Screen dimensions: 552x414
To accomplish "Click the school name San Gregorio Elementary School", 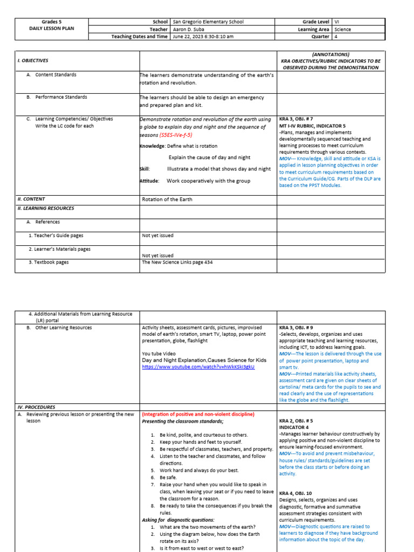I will click(x=208, y=22).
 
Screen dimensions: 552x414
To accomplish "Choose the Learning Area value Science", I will click(x=342, y=30).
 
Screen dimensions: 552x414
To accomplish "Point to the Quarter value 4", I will click(x=336, y=37).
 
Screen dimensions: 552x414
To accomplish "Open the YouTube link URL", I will click(x=198, y=367).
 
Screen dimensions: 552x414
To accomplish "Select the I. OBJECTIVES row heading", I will click(x=33, y=61).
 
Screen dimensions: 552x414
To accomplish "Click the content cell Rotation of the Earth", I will click(x=167, y=199).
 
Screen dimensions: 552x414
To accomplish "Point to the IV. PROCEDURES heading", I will click(x=36, y=407).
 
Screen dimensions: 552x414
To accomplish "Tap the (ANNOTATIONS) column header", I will click(x=330, y=54).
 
